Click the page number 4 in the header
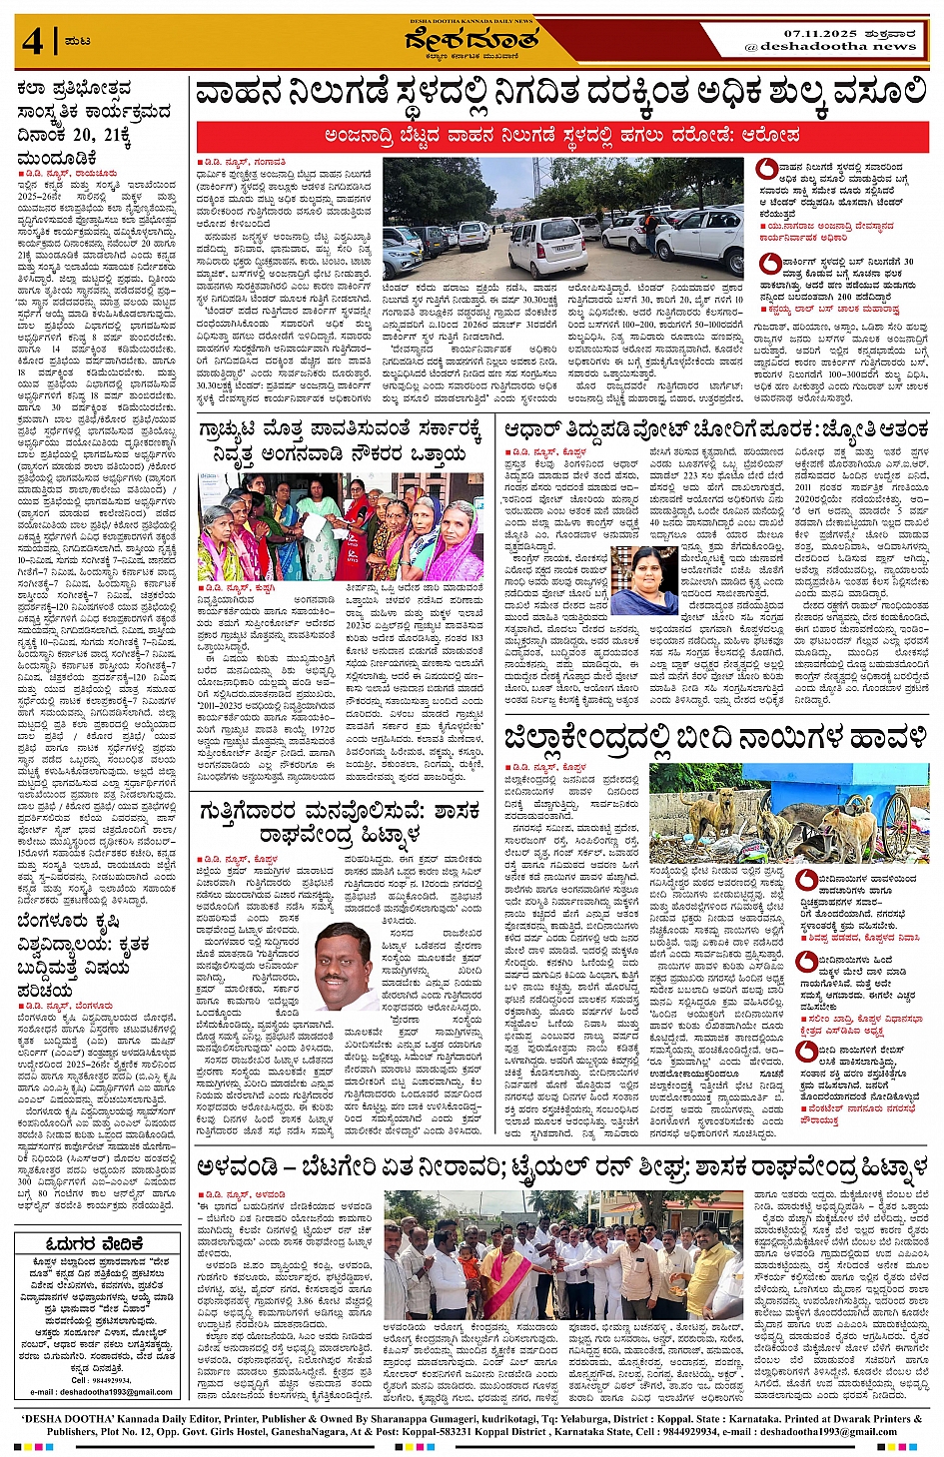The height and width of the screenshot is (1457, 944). [32, 42]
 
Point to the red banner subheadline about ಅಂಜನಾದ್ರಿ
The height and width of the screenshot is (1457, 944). [562, 134]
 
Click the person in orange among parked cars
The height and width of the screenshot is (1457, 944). [651, 232]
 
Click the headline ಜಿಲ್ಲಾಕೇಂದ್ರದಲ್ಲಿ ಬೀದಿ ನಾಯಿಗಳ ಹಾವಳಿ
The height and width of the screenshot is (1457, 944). [716, 740]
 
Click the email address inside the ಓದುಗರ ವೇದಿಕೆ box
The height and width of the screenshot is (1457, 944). [101, 1391]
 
